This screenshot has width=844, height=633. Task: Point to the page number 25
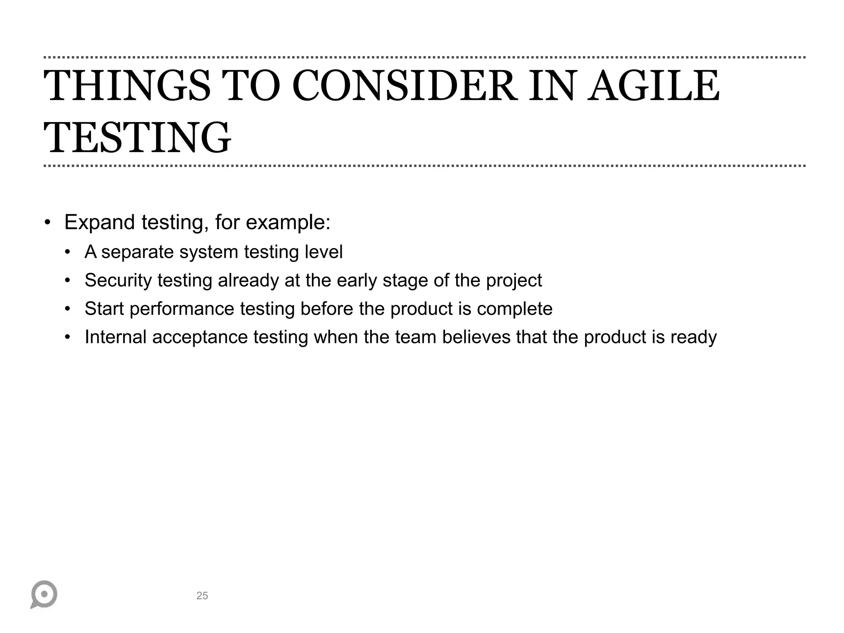coord(202,595)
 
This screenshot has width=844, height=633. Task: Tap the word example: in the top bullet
coord(288,223)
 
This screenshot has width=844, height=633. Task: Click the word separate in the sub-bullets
coord(138,252)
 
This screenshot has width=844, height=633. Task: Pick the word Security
coord(118,280)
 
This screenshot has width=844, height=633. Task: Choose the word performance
coord(182,309)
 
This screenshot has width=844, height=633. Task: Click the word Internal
coord(115,337)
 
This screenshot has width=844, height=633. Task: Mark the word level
coord(324,252)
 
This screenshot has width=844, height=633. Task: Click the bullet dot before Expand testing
coord(48,223)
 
